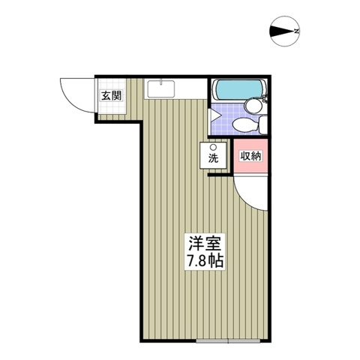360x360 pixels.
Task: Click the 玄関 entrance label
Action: click(x=110, y=95)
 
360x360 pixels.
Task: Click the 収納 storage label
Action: click(x=250, y=157)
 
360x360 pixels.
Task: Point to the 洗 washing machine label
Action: click(x=214, y=158)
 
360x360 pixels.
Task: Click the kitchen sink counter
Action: click(x=161, y=89)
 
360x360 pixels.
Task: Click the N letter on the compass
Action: click(x=297, y=31)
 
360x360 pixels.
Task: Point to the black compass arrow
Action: click(x=280, y=31)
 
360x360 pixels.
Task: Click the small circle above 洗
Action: click(x=213, y=147)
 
